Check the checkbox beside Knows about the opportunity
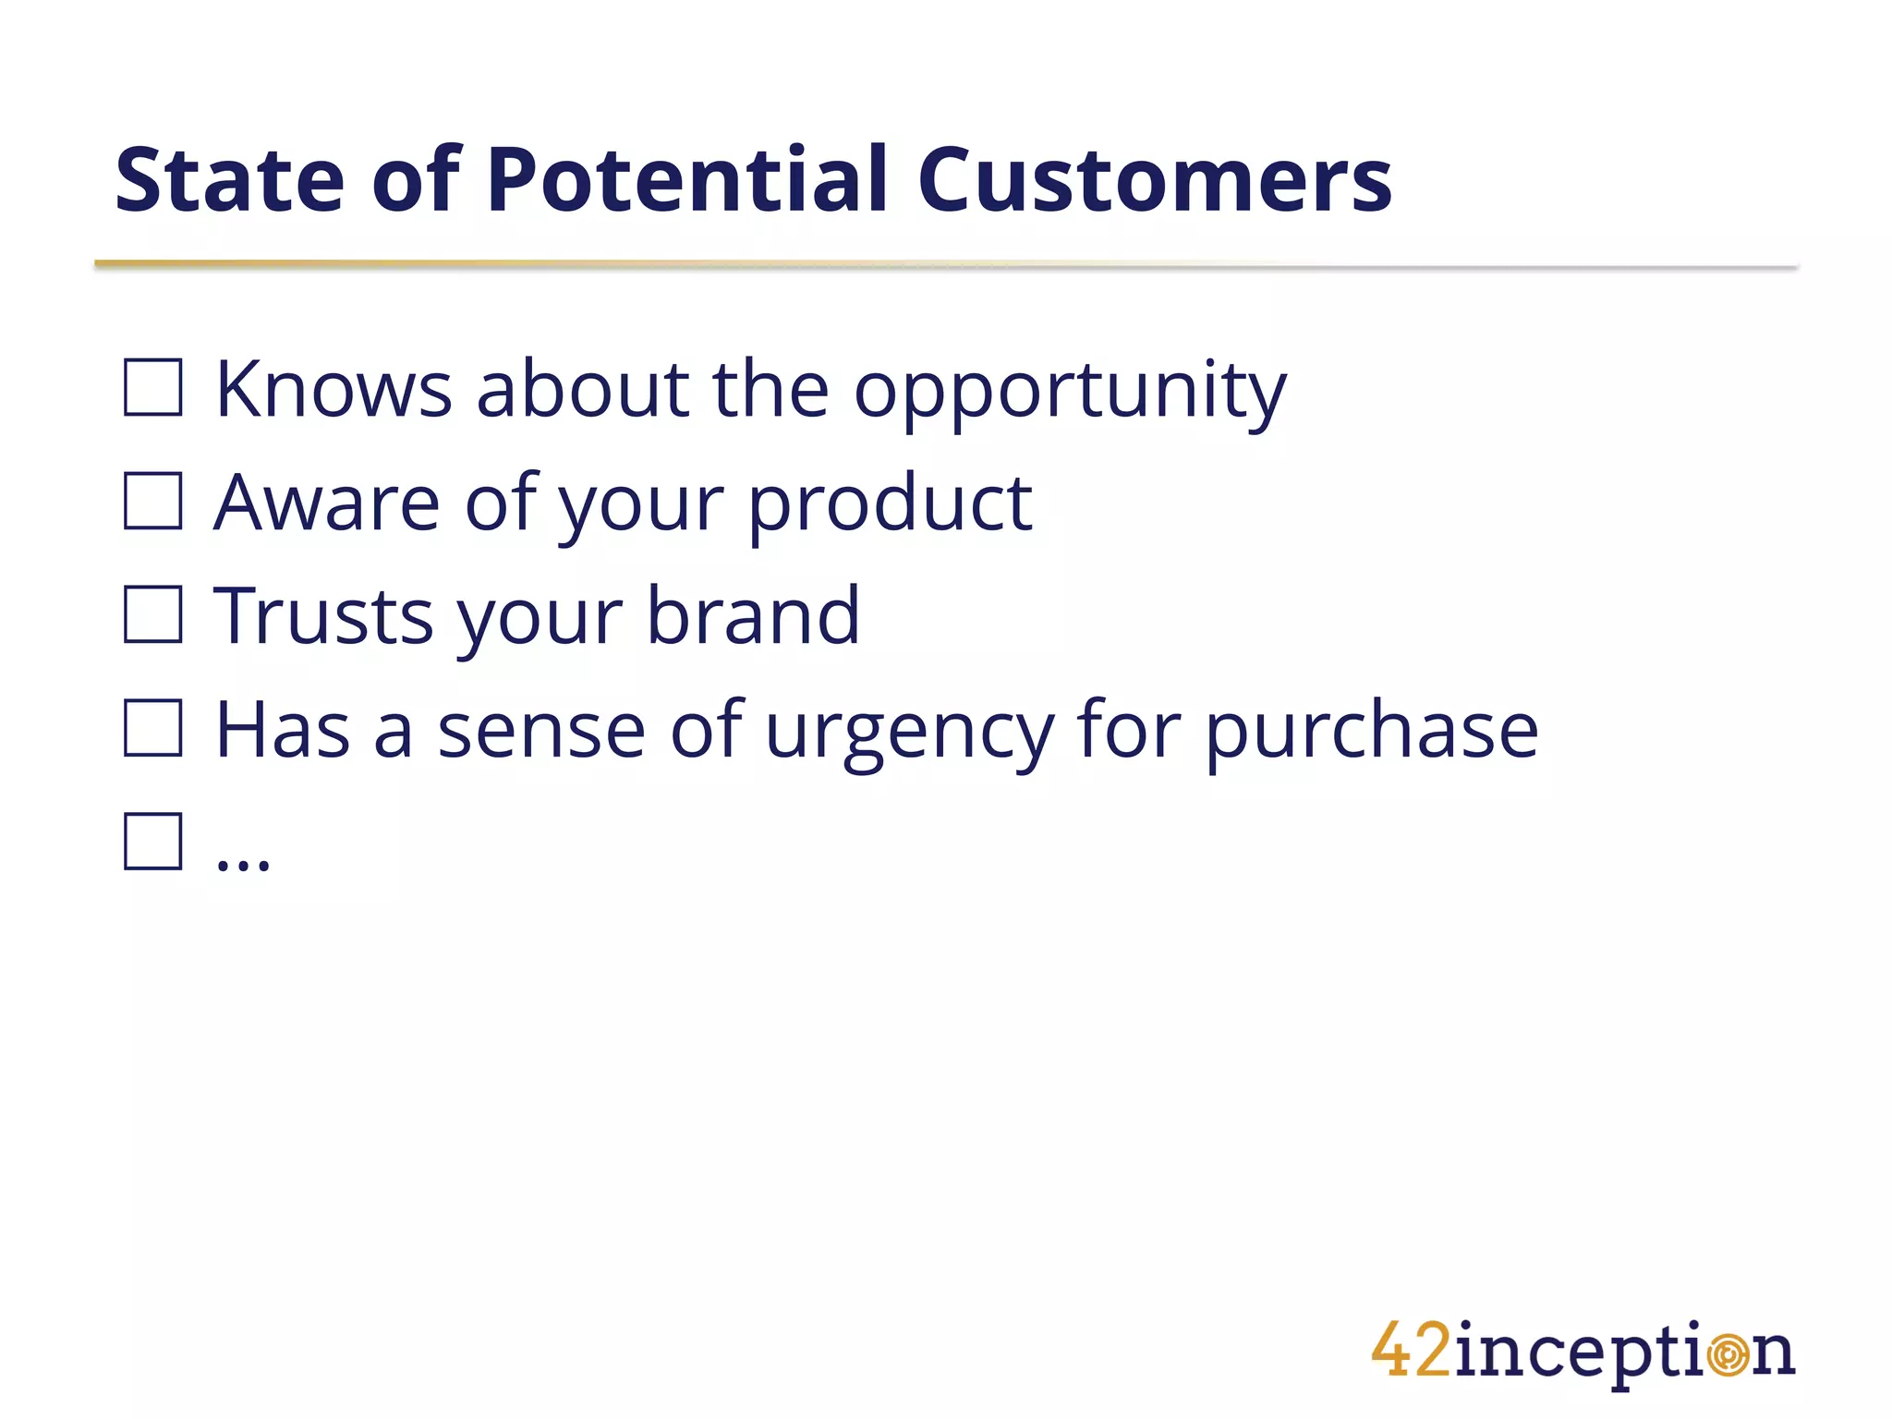(153, 388)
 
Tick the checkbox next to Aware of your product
(153, 501)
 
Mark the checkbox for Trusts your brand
(153, 614)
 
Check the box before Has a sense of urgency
(153, 728)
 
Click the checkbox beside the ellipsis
(153, 842)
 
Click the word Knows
(334, 389)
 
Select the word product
(889, 504)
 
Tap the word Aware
(327, 503)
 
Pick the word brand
(753, 615)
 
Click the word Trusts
(324, 616)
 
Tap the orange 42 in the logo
(1411, 1351)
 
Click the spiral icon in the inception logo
(1727, 1355)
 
